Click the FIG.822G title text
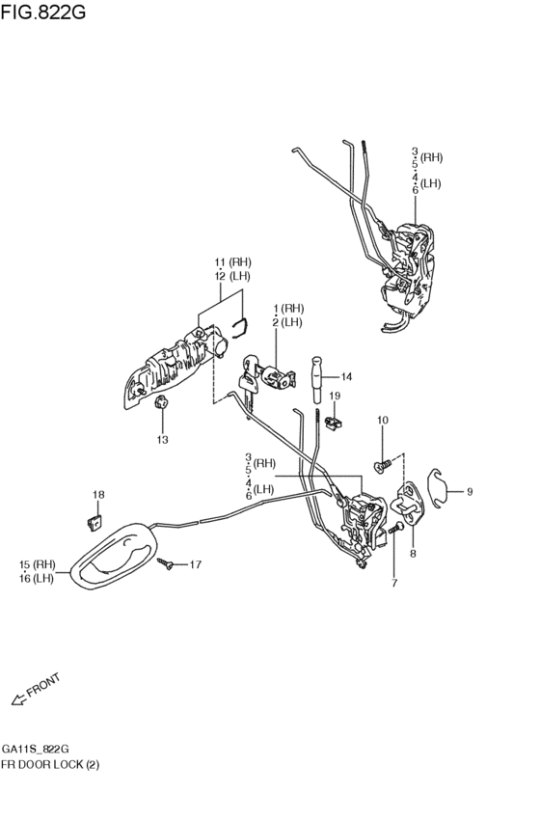click(x=42, y=12)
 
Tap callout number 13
click(x=163, y=439)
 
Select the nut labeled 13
click(x=161, y=402)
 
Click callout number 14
click(x=346, y=376)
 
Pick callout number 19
click(x=335, y=396)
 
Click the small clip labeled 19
click(x=333, y=421)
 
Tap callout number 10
click(x=383, y=420)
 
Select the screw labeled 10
click(x=383, y=465)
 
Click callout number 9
click(x=470, y=492)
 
